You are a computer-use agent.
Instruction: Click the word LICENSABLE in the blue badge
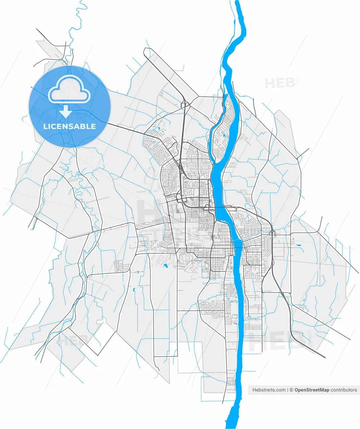(x=69, y=126)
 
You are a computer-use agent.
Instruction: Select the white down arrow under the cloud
(x=66, y=111)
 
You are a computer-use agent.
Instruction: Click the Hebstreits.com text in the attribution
(x=269, y=390)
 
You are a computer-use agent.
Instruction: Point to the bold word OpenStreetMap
(x=312, y=390)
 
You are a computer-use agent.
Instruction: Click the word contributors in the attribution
(x=344, y=390)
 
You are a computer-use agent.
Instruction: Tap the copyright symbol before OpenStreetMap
(x=291, y=390)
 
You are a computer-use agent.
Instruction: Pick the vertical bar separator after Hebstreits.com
(x=288, y=390)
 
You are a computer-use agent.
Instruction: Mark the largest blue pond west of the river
(x=165, y=266)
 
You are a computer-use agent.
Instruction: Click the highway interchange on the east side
(x=273, y=233)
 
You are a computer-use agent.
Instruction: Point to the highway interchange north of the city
(x=184, y=105)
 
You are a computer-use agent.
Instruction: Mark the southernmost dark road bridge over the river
(x=238, y=248)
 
